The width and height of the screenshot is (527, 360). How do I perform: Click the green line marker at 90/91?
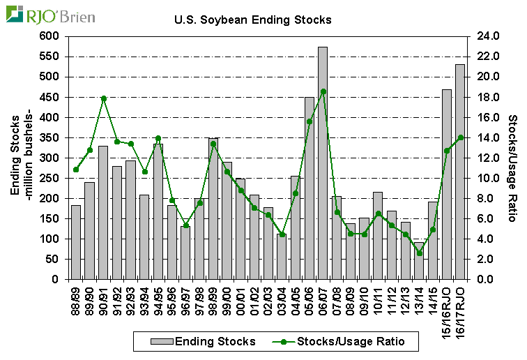(103, 98)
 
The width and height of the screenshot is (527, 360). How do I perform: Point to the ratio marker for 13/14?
(419, 253)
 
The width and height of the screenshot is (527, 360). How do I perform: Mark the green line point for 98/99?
(213, 144)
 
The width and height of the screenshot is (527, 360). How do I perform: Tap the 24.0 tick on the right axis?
(485, 36)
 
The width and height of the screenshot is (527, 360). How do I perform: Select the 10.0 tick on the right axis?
(485, 178)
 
